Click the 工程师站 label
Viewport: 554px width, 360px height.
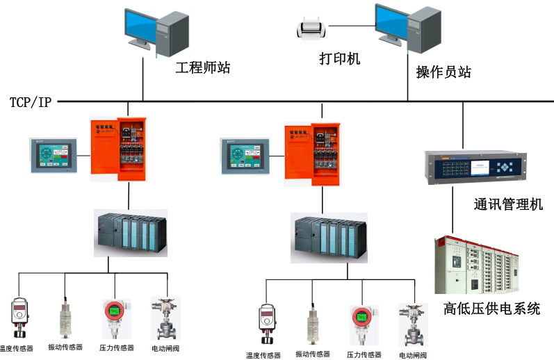click(202, 68)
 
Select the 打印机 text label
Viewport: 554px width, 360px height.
click(339, 59)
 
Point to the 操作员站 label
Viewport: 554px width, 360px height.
click(443, 72)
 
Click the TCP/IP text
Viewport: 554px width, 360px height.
click(31, 102)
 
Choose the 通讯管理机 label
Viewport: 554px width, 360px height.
click(508, 205)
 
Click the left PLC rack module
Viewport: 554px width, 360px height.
click(130, 234)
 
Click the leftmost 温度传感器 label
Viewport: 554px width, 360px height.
click(16, 347)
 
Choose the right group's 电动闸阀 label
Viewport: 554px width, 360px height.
click(413, 355)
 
